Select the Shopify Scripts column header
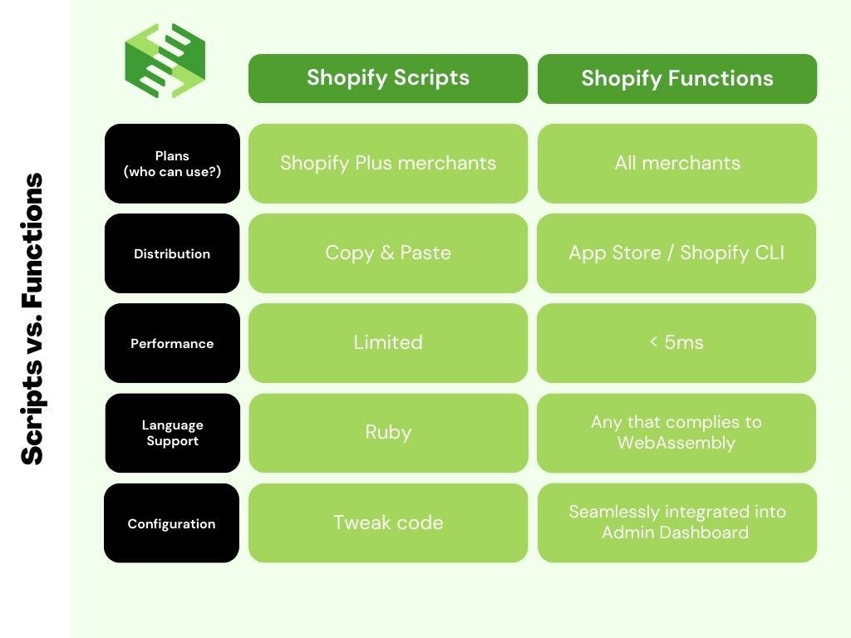[x=387, y=78]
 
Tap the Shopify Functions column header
[x=676, y=79]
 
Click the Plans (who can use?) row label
[x=172, y=164]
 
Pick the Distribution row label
[x=172, y=253]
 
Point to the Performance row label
[x=172, y=343]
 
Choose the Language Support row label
[x=172, y=433]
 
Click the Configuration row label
[x=171, y=523]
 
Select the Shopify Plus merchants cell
[x=387, y=163]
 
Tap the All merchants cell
[x=676, y=163]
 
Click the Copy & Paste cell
[x=387, y=253]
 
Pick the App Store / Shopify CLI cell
[x=676, y=253]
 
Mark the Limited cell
[x=387, y=342]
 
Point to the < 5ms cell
[x=676, y=342]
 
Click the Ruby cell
[x=387, y=432]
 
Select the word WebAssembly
[x=676, y=443]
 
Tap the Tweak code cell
[x=387, y=523]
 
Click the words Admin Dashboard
[x=675, y=532]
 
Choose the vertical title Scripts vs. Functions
[x=32, y=319]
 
